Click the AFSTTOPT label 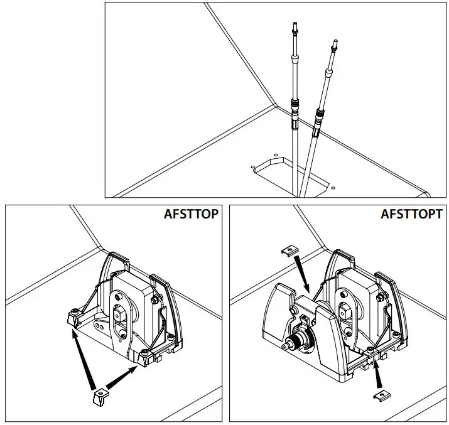[411, 214]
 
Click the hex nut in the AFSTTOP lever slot [120, 311]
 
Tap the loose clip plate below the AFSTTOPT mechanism [379, 394]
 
